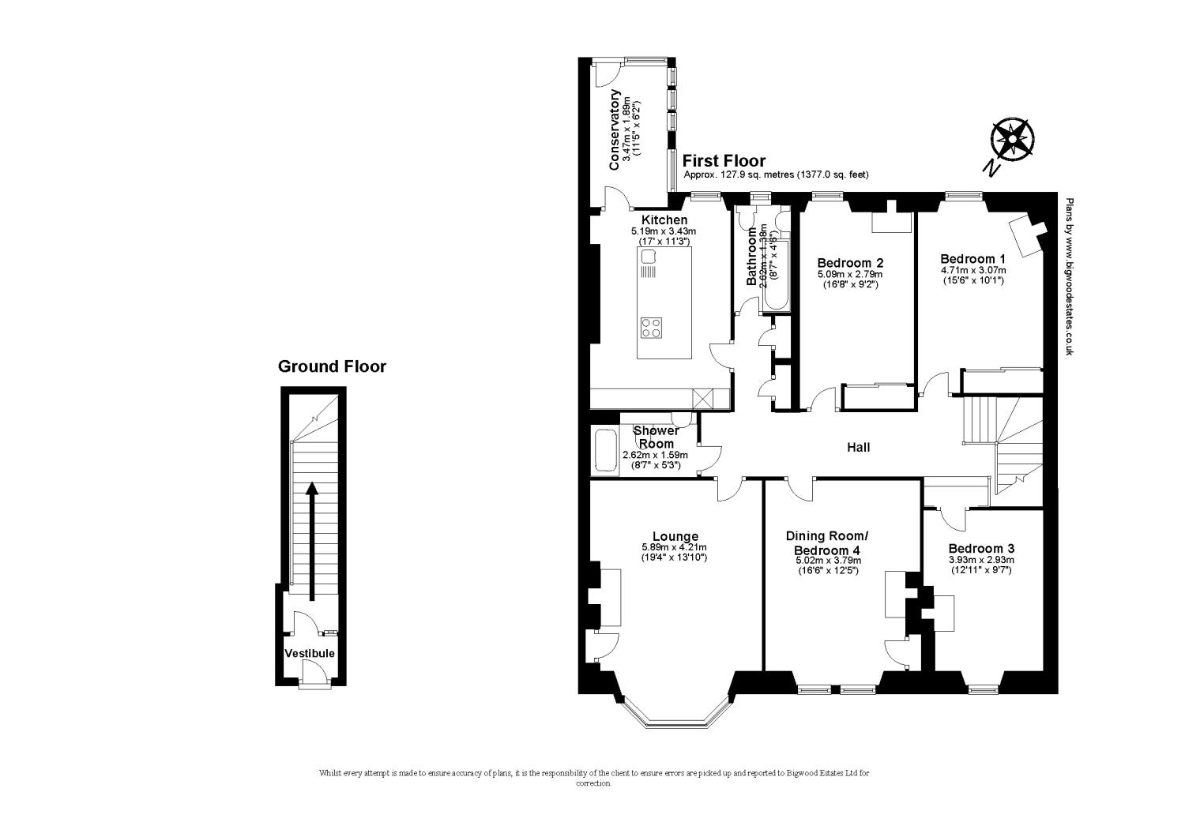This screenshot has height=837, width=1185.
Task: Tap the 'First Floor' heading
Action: (x=724, y=161)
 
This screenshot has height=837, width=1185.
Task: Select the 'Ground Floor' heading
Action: (x=332, y=366)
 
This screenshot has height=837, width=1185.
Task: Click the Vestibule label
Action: (x=310, y=653)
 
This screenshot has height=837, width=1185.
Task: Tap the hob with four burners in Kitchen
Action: (x=652, y=328)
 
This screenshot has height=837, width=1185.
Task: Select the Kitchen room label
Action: (x=664, y=220)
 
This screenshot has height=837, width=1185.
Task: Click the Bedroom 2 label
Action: (x=850, y=263)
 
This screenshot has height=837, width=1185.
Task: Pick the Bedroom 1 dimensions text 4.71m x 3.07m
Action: (x=972, y=269)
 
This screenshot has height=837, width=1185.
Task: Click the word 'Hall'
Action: (x=858, y=448)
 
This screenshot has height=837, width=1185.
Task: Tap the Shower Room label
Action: (x=656, y=437)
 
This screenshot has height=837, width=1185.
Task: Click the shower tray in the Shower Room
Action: (x=606, y=451)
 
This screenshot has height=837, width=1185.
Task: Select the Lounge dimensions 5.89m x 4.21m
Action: (x=674, y=547)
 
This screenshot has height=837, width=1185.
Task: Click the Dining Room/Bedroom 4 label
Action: (x=827, y=542)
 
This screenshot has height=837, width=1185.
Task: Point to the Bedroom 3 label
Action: (x=981, y=549)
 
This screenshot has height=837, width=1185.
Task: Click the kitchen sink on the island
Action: (x=650, y=257)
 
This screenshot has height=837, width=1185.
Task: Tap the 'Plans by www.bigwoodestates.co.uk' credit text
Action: (x=1068, y=276)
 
